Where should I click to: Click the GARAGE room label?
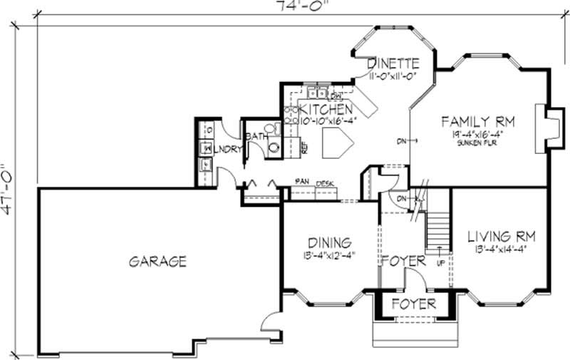click(157, 262)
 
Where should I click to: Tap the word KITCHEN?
click(326, 109)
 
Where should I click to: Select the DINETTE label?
click(393, 63)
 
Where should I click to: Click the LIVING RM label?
click(501, 236)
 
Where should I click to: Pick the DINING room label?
click(328, 242)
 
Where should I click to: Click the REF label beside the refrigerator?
click(304, 149)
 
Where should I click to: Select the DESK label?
click(326, 183)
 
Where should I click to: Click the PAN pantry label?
click(302, 183)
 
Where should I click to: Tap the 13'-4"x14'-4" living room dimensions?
click(501, 250)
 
